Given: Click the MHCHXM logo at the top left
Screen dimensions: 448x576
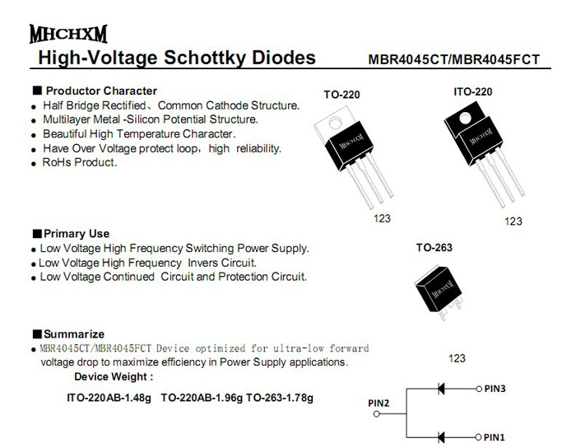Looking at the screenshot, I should click(67, 35).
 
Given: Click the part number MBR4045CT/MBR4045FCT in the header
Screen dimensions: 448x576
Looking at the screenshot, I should click(454, 60).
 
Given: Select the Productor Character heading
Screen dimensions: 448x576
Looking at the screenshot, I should click(101, 91).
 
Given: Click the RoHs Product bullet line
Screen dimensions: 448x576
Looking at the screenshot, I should click(80, 162).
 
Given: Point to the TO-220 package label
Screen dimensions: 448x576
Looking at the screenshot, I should click(341, 96).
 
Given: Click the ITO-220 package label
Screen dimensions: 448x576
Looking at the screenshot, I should click(472, 91).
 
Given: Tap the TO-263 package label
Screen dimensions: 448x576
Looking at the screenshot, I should click(434, 247).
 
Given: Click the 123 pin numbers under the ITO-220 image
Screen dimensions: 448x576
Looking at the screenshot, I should click(513, 221).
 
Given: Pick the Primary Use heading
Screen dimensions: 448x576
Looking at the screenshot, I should click(77, 234).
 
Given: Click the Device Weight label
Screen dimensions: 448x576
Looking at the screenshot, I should click(114, 377).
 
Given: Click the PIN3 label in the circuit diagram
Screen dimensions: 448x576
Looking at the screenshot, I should click(495, 388).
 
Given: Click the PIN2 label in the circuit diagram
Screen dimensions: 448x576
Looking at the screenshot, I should click(378, 403).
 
